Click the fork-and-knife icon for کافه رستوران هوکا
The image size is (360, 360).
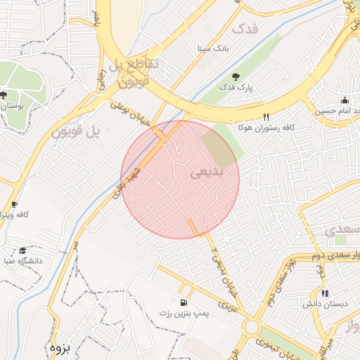[266, 117]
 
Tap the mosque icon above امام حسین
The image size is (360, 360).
[345, 100]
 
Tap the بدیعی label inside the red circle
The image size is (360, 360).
[206, 171]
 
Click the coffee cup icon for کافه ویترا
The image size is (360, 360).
[13, 205]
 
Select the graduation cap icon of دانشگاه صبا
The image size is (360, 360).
[22, 250]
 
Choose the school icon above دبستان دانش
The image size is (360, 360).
[324, 293]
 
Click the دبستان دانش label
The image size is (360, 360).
[321, 304]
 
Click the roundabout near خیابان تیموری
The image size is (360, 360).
[251, 326]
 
